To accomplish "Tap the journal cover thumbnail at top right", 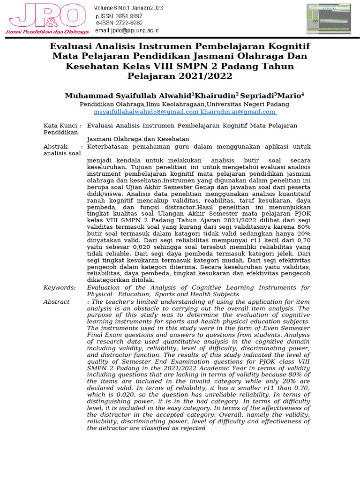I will pos(330,20).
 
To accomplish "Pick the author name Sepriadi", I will pos(258,96).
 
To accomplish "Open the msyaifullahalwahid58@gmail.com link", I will pos(146,112).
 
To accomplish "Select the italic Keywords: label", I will pos(60,287).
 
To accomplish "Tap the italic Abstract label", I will pos(57,302).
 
